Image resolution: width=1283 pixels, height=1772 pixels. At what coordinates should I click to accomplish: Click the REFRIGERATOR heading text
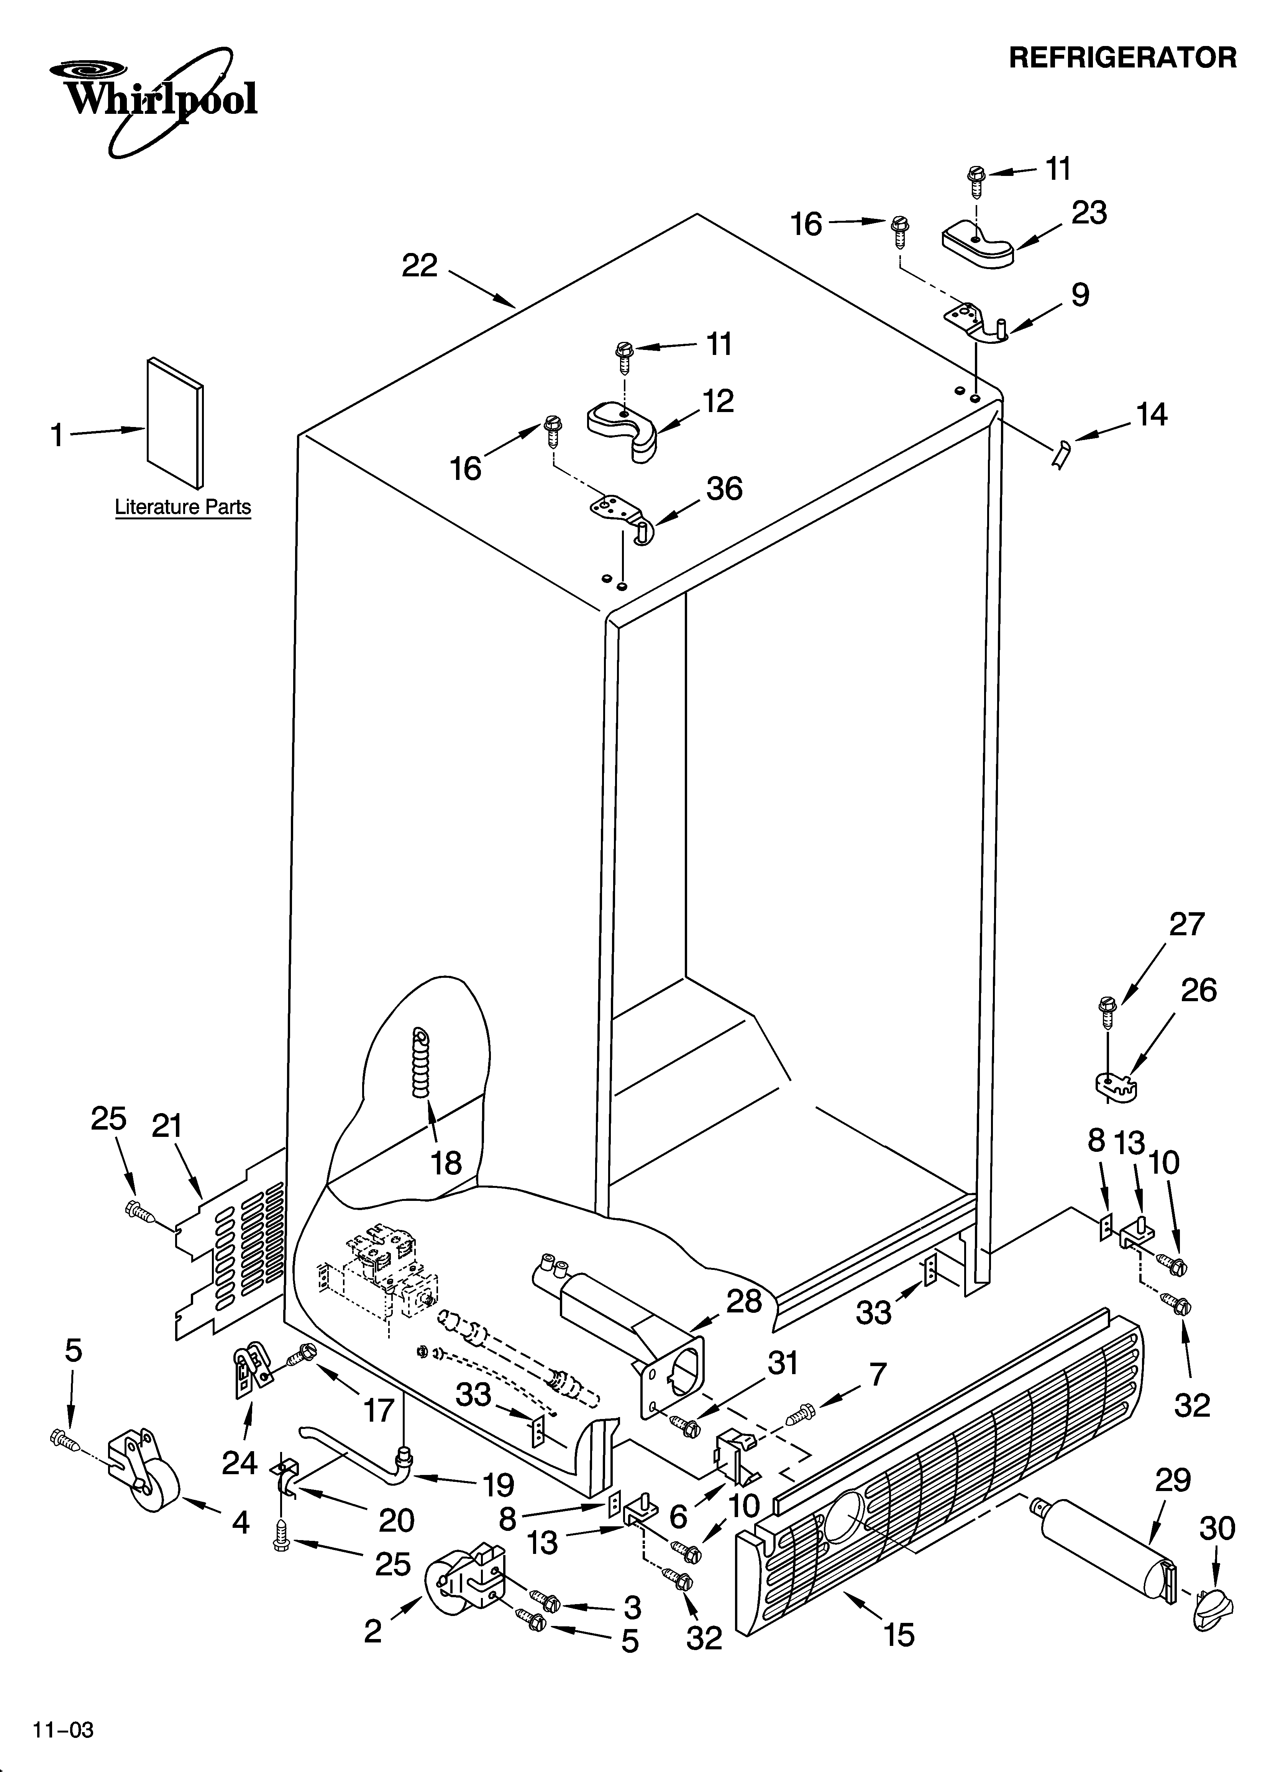[1123, 58]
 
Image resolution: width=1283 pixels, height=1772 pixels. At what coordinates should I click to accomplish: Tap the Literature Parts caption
[183, 507]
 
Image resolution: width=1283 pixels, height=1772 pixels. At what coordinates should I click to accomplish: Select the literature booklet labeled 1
[175, 422]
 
